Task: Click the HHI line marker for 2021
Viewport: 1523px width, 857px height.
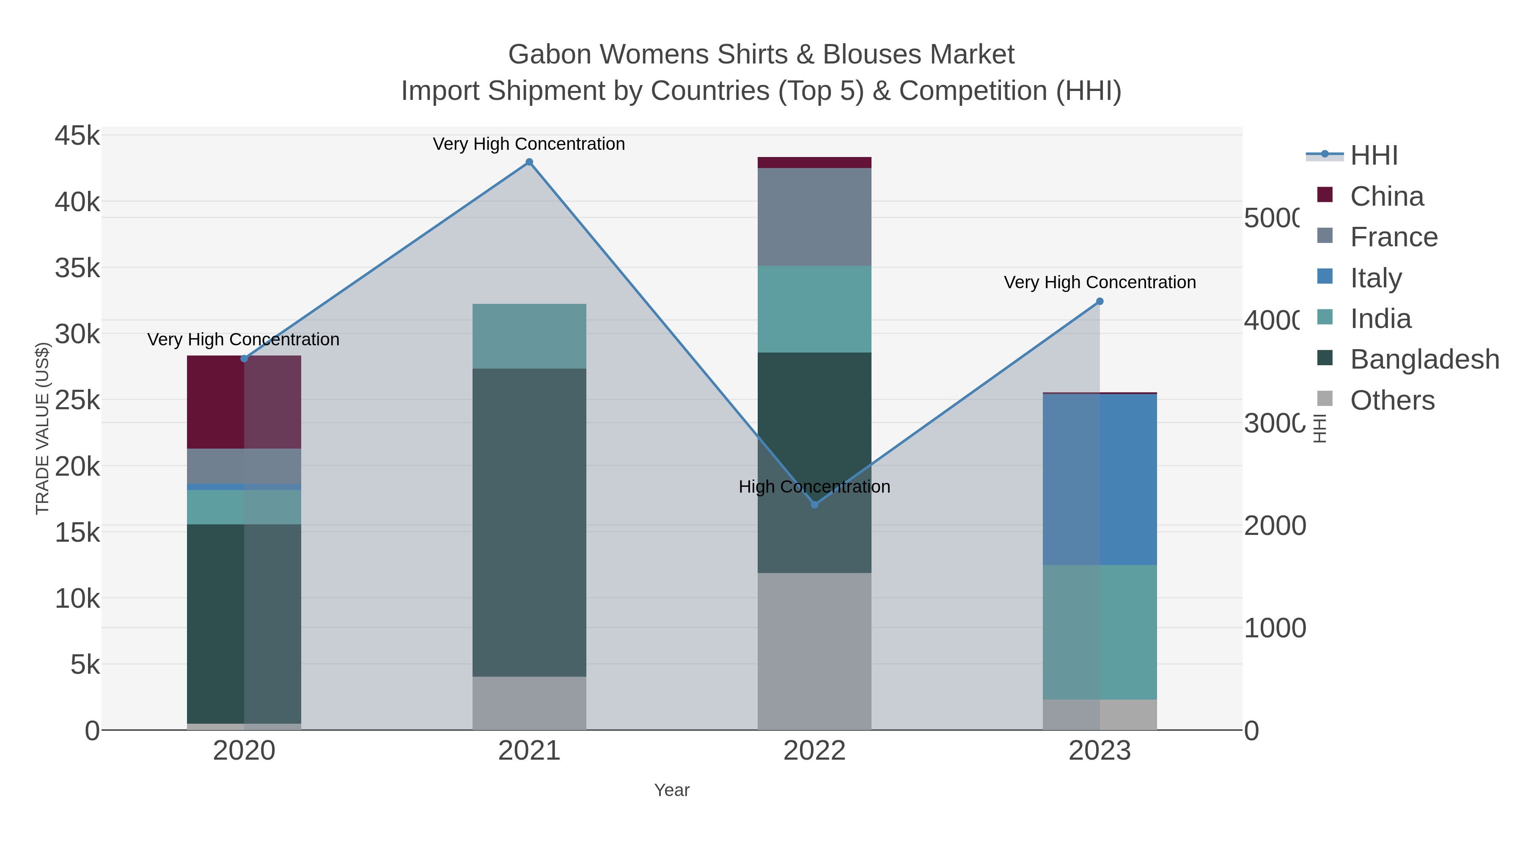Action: click(x=529, y=163)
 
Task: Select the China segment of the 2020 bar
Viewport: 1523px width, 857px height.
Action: click(x=244, y=402)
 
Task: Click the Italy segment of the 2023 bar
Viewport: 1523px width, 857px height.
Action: click(x=1100, y=479)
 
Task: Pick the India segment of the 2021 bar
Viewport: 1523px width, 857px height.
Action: click(x=529, y=336)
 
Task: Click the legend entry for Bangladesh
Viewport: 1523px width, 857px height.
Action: click(x=1424, y=359)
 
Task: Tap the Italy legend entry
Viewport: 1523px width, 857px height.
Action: click(x=1375, y=277)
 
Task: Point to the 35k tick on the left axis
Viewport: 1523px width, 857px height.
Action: click(x=77, y=268)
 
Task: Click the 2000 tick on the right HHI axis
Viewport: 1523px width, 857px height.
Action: click(x=1274, y=526)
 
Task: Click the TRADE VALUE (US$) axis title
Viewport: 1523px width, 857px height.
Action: click(x=43, y=427)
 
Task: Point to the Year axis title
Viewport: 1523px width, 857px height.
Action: click(x=672, y=790)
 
